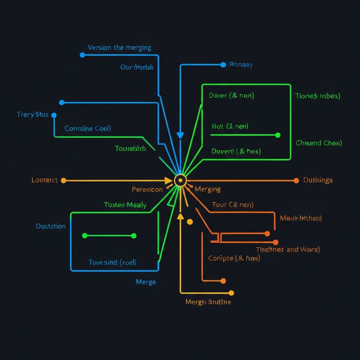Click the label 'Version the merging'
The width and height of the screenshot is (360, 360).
(120, 47)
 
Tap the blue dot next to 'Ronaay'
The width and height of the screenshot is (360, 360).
(223, 65)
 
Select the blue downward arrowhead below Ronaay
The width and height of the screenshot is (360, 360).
(180, 135)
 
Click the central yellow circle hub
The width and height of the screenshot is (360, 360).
(180, 180)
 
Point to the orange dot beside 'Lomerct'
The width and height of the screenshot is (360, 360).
(63, 181)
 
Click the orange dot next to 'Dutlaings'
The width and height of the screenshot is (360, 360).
(296, 180)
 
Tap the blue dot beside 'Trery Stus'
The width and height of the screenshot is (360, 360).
(54, 115)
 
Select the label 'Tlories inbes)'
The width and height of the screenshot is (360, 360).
(317, 96)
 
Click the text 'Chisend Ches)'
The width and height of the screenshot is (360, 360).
(319, 143)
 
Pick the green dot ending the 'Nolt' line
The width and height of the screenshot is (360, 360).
(278, 135)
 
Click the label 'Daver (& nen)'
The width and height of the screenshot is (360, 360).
(231, 95)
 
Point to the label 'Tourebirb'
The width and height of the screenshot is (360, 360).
(130, 148)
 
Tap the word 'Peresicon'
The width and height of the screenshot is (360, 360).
(147, 189)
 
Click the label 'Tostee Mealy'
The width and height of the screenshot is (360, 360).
(125, 205)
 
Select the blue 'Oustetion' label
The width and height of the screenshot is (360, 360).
(51, 226)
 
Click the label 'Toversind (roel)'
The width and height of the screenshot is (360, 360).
(112, 262)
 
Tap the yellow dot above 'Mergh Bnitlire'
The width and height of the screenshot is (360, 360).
(231, 293)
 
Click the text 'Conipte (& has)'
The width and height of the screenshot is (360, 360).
(234, 258)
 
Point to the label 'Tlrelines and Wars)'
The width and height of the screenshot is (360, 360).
(288, 250)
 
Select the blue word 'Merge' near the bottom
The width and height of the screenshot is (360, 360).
(146, 282)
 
